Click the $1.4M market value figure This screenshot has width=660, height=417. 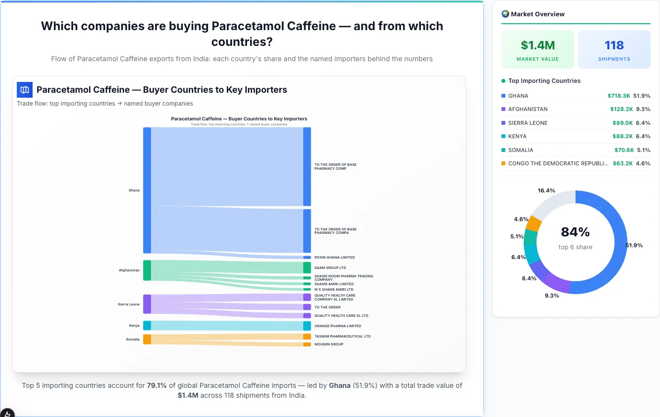click(x=537, y=45)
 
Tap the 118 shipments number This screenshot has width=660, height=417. click(x=614, y=45)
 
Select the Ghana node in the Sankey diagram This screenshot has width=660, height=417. click(x=147, y=190)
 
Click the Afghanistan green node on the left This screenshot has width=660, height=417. click(x=147, y=270)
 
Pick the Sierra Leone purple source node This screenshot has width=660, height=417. click(x=147, y=304)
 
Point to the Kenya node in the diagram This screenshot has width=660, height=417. click(x=147, y=326)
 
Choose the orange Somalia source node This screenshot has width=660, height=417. click(x=147, y=339)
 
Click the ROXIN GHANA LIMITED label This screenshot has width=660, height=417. click(x=334, y=258)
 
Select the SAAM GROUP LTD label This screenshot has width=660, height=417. click(x=330, y=268)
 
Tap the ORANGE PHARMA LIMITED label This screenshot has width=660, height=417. click(x=337, y=326)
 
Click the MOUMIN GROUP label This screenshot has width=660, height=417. click(x=329, y=344)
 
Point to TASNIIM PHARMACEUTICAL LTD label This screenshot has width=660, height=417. click(x=342, y=337)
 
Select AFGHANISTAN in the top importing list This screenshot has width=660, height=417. click(x=528, y=109)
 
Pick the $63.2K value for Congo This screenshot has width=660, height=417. click(x=622, y=163)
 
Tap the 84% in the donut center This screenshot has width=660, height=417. click(x=575, y=232)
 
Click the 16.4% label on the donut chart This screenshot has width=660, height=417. click(x=546, y=190)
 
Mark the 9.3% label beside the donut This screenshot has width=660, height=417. click(x=552, y=296)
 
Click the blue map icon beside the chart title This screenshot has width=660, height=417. click(x=25, y=90)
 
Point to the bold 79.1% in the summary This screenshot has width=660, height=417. click(x=157, y=385)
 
